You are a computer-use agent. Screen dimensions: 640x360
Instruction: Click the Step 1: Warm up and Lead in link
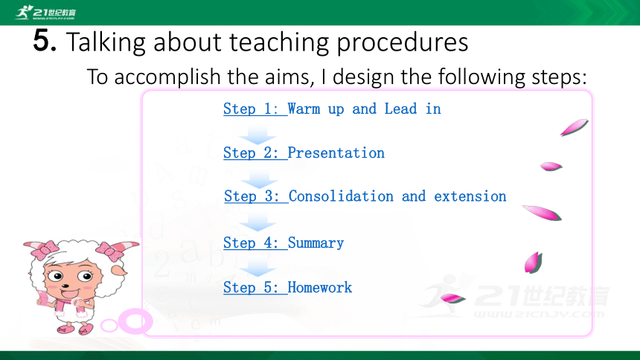[x=332, y=109]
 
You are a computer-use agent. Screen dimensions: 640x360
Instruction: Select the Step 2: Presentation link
[x=304, y=152]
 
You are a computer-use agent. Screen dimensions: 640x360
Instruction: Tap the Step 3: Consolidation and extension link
[x=365, y=196]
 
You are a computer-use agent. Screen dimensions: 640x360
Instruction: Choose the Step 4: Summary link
[x=284, y=243]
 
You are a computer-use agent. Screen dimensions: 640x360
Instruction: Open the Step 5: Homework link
[x=287, y=287]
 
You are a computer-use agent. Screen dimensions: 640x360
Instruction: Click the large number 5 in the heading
[x=44, y=41]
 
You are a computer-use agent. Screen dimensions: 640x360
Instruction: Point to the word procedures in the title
[x=402, y=42]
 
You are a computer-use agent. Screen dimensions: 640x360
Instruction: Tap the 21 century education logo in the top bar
[x=45, y=13]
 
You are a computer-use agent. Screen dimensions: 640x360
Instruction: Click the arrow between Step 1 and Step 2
[x=257, y=135]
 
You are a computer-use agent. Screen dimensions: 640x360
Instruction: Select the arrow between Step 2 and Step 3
[x=259, y=179]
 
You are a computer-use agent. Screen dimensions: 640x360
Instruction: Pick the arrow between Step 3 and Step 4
[x=257, y=222]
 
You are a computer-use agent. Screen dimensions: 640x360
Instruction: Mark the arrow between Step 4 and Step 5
[x=257, y=268]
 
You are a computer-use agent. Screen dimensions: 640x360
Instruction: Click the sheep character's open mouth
[x=70, y=294]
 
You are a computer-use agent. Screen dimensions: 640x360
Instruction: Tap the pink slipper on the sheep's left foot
[x=86, y=330]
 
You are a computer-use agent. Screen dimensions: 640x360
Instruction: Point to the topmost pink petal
[x=574, y=127]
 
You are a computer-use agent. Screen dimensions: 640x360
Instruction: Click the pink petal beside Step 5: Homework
[x=453, y=299]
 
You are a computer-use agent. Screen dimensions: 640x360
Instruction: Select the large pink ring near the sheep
[x=135, y=321]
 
